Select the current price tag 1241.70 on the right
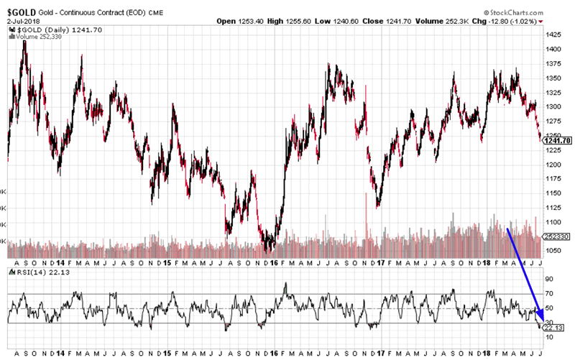558,140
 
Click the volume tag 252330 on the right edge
558,234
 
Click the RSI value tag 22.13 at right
555,328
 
